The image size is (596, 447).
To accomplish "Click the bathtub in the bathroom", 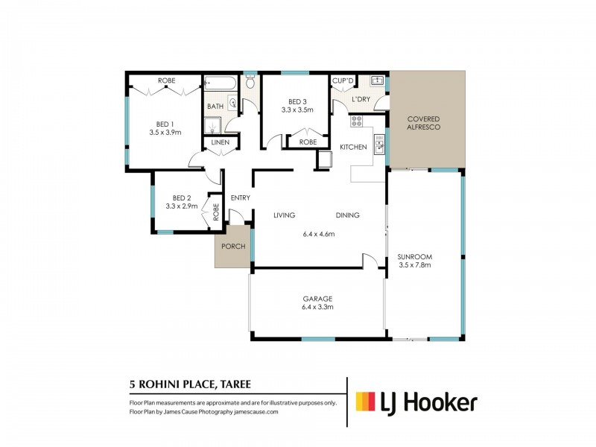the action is point(220,83).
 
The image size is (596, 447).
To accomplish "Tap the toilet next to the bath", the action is point(250,81).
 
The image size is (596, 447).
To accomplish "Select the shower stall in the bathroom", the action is point(212,125).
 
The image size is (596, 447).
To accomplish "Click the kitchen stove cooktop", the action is point(357,121).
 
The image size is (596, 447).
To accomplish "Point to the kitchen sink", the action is point(379,144).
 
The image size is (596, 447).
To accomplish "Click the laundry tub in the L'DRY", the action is point(378,80).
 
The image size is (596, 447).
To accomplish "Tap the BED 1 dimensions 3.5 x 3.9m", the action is point(165,133).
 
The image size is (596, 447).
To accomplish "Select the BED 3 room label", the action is point(297,101).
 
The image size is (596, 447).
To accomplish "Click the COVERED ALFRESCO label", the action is point(423,123).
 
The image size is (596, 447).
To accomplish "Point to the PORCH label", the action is point(233,247).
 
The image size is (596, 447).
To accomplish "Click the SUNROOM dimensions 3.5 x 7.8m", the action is point(415,265).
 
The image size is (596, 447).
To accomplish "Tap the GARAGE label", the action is point(317,299).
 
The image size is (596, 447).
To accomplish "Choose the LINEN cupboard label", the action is point(221,142).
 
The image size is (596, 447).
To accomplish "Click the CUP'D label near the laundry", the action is point(343,80).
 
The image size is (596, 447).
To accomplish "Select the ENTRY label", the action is point(241,197).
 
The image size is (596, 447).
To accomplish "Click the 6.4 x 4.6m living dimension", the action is point(319,234).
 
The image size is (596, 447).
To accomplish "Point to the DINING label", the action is point(347,215).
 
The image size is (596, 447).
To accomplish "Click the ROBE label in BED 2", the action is point(216,212).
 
